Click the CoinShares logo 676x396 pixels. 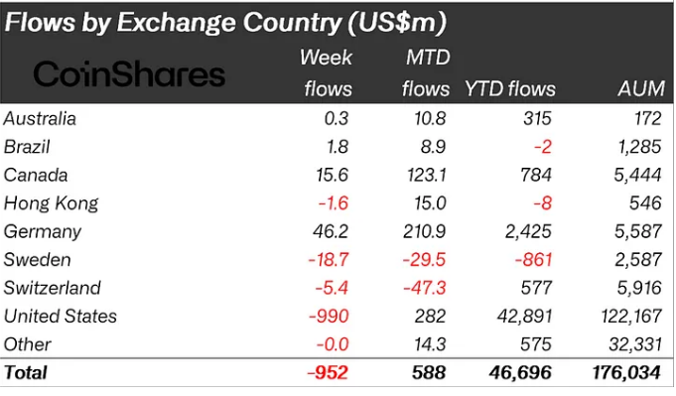130,73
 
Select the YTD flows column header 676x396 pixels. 510,88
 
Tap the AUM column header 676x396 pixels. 641,88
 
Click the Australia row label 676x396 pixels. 41,119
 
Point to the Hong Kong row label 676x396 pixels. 52,203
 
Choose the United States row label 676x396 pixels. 61,316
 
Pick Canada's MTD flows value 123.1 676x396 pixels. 424,176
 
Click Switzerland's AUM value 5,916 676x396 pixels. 639,288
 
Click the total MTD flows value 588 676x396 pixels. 428,373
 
